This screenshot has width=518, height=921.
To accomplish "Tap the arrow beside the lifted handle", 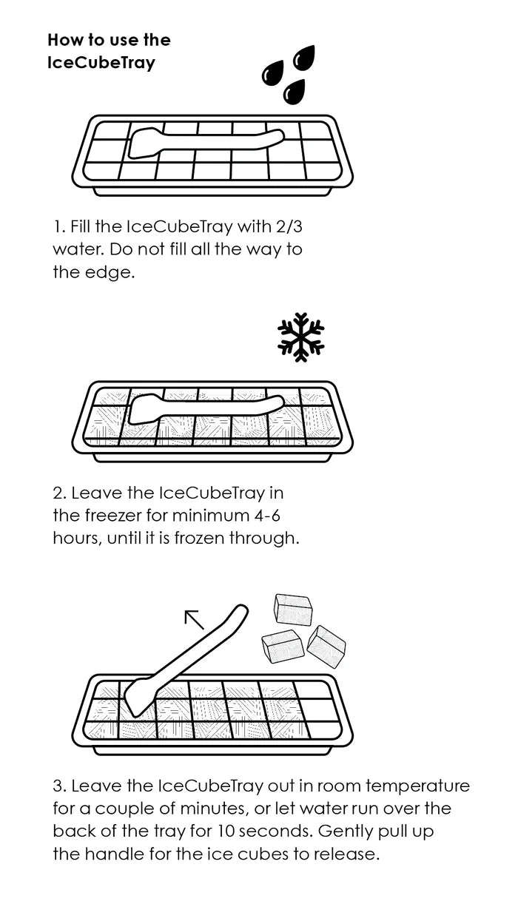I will (195, 619).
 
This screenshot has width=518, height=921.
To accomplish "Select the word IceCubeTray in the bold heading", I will (101, 63).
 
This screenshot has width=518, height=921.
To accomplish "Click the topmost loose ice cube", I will (293, 610).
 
